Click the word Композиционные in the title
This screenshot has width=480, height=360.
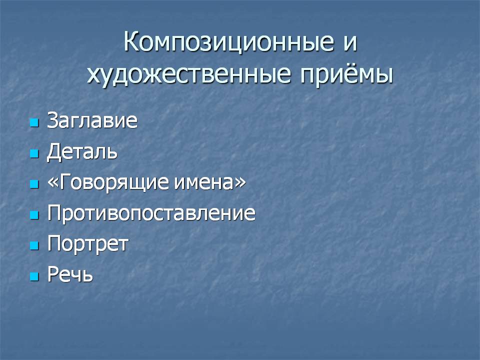228,41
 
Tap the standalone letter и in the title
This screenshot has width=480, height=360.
350,43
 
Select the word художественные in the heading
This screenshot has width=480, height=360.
188,75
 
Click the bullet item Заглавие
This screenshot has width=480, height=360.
92,120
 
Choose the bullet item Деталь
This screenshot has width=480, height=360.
82,151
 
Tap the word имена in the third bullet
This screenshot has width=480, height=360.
204,183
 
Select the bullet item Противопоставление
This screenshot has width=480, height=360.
151,213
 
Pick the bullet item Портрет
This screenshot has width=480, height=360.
88,244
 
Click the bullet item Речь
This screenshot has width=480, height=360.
70,274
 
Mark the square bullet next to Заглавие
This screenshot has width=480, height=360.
34,123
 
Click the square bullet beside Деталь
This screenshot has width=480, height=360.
34,153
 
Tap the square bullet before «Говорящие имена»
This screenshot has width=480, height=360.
34,184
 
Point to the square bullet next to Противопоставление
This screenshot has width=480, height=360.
34,215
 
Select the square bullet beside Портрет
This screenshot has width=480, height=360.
34,245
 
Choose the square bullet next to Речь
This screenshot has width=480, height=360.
34,276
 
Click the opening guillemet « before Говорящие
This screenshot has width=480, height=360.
52,183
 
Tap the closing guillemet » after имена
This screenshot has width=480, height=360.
240,183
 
